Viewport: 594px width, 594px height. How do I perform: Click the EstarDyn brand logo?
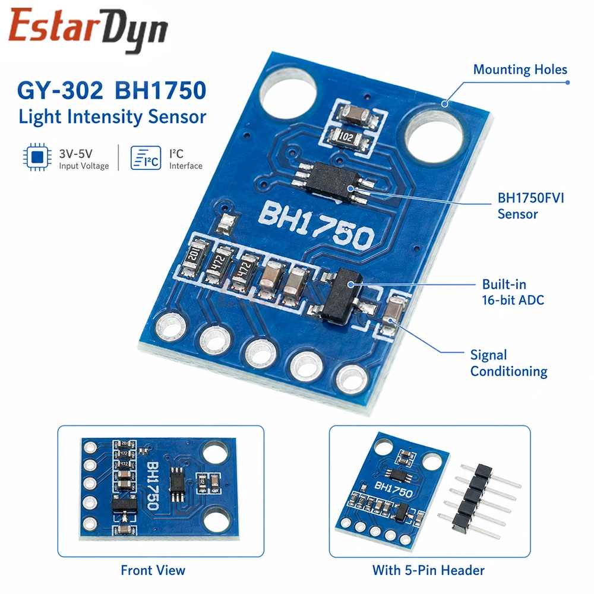pos(88,30)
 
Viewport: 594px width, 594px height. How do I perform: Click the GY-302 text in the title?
pos(60,90)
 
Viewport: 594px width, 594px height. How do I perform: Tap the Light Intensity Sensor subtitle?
pos(112,116)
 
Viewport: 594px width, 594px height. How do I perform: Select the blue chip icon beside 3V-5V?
pos(37,157)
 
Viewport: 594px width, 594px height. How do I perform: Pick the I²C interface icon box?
pos(146,157)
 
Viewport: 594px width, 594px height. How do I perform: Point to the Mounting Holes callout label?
pos(520,69)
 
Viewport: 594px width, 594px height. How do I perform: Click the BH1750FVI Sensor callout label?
pos(530,206)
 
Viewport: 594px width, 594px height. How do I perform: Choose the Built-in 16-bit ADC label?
pos(513,292)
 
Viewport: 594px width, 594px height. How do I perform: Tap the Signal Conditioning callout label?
pos(509,364)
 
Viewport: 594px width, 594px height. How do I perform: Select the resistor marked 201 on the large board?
pos(194,258)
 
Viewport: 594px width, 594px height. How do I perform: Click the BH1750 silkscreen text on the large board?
pos(317,225)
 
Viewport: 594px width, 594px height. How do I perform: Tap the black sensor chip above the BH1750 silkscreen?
pos(332,182)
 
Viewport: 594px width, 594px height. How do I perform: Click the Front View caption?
pos(153,570)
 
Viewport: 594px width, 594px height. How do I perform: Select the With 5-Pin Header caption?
pos(428,570)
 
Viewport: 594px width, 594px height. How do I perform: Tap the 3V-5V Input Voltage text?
pos(84,159)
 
